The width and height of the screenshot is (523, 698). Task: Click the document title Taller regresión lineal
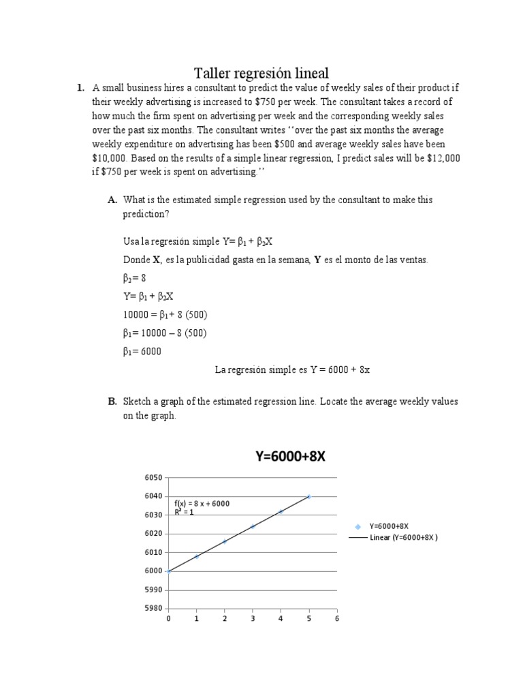tap(261, 72)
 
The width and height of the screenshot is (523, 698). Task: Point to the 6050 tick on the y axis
tap(154, 478)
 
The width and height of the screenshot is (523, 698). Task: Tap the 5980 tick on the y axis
tap(154, 609)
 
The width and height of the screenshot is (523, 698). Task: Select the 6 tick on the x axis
tap(336, 619)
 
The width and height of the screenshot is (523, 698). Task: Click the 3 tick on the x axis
tap(253, 619)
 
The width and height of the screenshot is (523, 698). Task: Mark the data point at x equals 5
tap(308, 497)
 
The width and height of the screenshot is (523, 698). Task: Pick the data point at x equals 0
tap(168, 571)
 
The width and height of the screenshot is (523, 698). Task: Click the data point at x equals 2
tap(225, 542)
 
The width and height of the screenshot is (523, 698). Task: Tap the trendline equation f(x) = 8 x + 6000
tap(202, 504)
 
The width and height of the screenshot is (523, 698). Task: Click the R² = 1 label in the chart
tap(185, 512)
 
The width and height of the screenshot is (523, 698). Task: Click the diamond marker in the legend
tap(358, 526)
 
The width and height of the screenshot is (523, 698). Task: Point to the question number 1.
tap(80, 87)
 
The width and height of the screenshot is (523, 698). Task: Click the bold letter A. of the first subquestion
tap(112, 200)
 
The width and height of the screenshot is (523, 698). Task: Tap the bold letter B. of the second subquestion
tap(112, 401)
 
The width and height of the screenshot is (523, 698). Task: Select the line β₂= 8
tap(135, 278)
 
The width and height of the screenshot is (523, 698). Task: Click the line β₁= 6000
tap(142, 352)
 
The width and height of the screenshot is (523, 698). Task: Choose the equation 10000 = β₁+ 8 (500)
tap(165, 315)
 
